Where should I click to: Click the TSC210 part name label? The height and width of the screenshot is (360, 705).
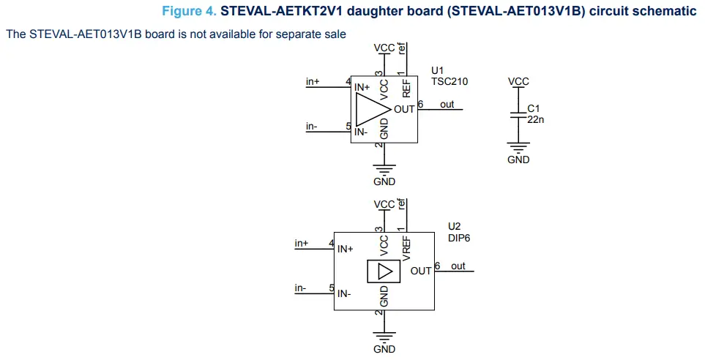449,82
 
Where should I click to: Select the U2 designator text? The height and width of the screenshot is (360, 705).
454,227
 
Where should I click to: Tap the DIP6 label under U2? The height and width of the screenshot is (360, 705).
458,238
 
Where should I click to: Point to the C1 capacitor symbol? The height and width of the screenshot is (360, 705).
518,115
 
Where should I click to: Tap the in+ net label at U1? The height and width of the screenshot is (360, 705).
313,82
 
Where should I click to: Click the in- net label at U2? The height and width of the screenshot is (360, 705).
301,288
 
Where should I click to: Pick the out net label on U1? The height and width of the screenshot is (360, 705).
447,105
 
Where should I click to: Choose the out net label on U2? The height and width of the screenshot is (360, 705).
458,266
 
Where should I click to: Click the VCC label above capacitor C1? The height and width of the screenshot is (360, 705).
518,82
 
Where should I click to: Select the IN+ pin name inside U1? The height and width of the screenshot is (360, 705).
362,88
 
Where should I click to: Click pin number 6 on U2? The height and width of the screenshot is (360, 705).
437,266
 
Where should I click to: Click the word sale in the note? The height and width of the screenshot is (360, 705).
335,34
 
